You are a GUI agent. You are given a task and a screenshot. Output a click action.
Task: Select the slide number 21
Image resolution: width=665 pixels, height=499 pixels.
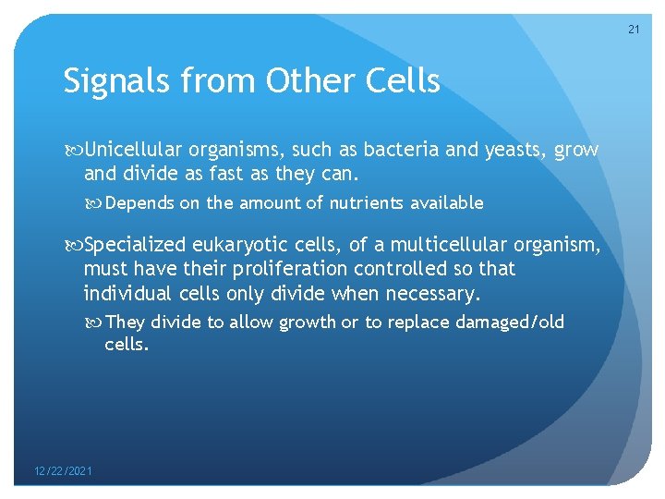click(x=634, y=30)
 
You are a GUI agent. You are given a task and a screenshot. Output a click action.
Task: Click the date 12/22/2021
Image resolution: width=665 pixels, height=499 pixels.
click(x=62, y=471)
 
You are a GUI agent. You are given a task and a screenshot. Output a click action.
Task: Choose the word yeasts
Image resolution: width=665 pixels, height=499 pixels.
click(x=512, y=150)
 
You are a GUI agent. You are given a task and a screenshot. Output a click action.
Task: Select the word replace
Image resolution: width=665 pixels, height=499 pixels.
click(x=415, y=323)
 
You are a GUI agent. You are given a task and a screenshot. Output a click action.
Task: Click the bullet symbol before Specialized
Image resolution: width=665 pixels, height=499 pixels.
click(x=73, y=245)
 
